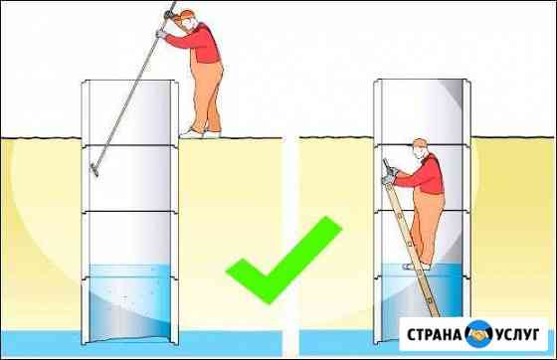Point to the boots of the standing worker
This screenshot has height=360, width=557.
(197, 130)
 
